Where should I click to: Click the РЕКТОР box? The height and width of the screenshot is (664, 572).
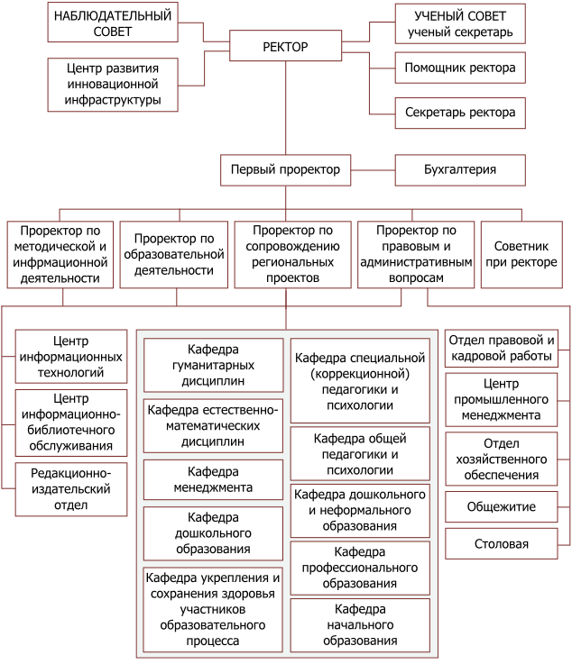click(x=285, y=46)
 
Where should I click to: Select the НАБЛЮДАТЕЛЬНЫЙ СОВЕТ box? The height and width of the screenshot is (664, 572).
click(x=113, y=23)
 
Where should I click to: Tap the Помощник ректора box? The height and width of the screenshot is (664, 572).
click(x=460, y=68)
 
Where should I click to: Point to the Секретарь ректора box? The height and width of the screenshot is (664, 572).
click(x=460, y=113)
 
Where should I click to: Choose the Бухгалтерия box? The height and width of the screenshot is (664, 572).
click(x=460, y=170)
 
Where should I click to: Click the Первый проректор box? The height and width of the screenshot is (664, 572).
click(x=285, y=170)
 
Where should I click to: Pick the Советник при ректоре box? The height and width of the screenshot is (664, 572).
click(x=521, y=254)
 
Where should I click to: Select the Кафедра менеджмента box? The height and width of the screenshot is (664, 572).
click(x=213, y=480)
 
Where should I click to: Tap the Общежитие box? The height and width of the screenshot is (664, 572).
click(x=502, y=507)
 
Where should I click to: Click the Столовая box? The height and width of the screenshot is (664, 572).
click(x=502, y=544)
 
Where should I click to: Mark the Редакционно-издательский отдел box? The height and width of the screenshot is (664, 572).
click(x=71, y=489)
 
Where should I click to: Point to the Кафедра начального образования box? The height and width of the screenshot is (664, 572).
click(x=360, y=625)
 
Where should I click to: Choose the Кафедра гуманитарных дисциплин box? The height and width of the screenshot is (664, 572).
click(x=213, y=365)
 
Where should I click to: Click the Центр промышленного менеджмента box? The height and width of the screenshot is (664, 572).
click(x=502, y=400)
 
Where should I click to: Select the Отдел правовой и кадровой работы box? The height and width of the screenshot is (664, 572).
click(x=502, y=348)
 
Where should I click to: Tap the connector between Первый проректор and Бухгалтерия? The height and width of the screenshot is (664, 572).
click(x=374, y=170)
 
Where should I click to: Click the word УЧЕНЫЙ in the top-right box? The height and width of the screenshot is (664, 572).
click(x=438, y=16)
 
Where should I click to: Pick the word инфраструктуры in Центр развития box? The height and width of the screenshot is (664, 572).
click(x=113, y=100)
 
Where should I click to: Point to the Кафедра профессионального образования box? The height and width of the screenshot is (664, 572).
click(x=360, y=568)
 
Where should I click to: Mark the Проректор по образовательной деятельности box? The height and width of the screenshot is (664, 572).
click(x=174, y=254)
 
